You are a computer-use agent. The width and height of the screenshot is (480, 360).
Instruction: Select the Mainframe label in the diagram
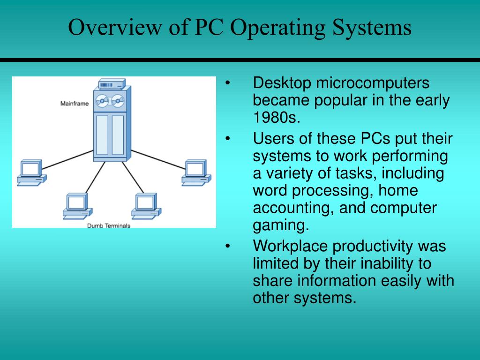coord(74,104)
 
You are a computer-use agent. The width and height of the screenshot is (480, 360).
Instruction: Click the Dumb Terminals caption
coord(109,225)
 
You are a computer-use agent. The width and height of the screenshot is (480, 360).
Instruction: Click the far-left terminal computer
coord(31,172)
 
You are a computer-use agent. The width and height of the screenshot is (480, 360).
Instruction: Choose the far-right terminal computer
coord(196,172)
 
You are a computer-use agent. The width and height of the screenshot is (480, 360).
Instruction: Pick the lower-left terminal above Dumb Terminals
coord(77,206)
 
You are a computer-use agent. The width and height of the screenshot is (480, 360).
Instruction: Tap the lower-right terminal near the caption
coord(146,206)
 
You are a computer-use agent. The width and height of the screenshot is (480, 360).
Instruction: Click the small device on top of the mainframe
coord(112,85)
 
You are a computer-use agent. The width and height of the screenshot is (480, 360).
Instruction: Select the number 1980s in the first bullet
coord(276,118)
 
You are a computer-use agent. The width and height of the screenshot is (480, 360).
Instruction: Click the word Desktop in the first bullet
coord(282,83)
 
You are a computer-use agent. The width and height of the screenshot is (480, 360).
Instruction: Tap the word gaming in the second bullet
coord(281,225)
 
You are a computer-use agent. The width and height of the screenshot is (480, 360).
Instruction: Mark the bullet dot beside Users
coord(228,139)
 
